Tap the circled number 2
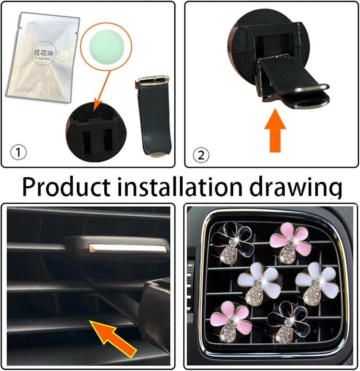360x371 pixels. (x=201, y=155)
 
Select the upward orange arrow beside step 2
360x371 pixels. (x=275, y=130)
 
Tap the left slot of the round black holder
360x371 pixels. (x=87, y=141)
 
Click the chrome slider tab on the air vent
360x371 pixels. (x=128, y=249)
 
